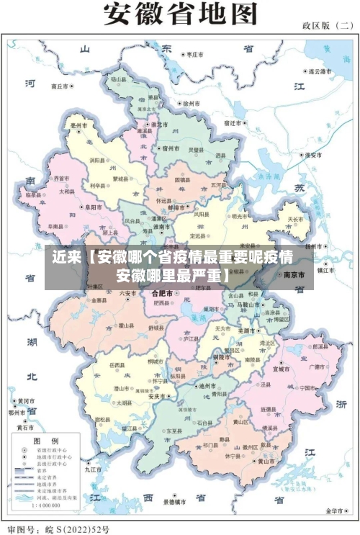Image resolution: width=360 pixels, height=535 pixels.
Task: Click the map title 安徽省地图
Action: click(180, 14)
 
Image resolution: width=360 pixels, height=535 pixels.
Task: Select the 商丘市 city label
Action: click(62, 86)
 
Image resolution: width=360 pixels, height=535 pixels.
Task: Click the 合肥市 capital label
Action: click(161, 294)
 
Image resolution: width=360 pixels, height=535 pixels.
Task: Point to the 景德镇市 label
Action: click(176, 501)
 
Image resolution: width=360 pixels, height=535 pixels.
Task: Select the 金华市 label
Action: click(336, 511)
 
